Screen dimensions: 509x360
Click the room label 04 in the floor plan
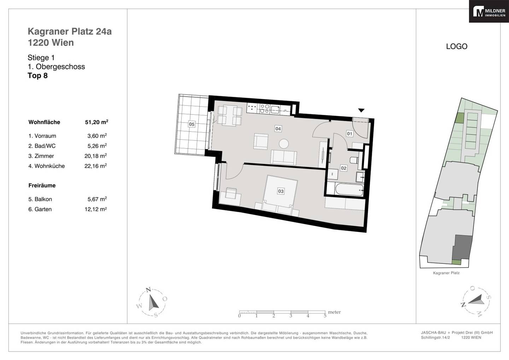pyautogui.click(x=278, y=129)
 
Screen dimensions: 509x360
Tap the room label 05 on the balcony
pyautogui.click(x=192, y=124)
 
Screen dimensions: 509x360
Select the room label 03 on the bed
pyautogui.click(x=281, y=191)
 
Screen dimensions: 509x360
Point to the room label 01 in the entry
pyautogui.click(x=350, y=134)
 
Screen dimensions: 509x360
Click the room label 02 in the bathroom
pyautogui.click(x=344, y=168)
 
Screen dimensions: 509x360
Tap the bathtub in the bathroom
pyautogui.click(x=349, y=190)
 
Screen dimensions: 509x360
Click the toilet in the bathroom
pyautogui.click(x=354, y=160)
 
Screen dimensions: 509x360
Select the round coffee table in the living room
pyautogui.click(x=284, y=144)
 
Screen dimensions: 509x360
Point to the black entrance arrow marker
pyautogui.click(x=361, y=110)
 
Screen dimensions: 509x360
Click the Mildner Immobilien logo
pyautogui.click(x=489, y=11)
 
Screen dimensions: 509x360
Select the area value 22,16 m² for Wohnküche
pyautogui.click(x=96, y=166)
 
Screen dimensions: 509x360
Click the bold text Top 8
pyautogui.click(x=38, y=75)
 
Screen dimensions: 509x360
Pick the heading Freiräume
pyautogui.click(x=42, y=185)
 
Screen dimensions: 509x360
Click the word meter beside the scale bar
pyautogui.click(x=334, y=312)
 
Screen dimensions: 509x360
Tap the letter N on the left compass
pyautogui.click(x=148, y=290)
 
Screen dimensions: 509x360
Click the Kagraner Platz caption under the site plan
pyautogui.click(x=446, y=273)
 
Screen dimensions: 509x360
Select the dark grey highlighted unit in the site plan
pyautogui.click(x=462, y=247)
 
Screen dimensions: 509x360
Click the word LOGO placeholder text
pyautogui.click(x=457, y=46)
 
